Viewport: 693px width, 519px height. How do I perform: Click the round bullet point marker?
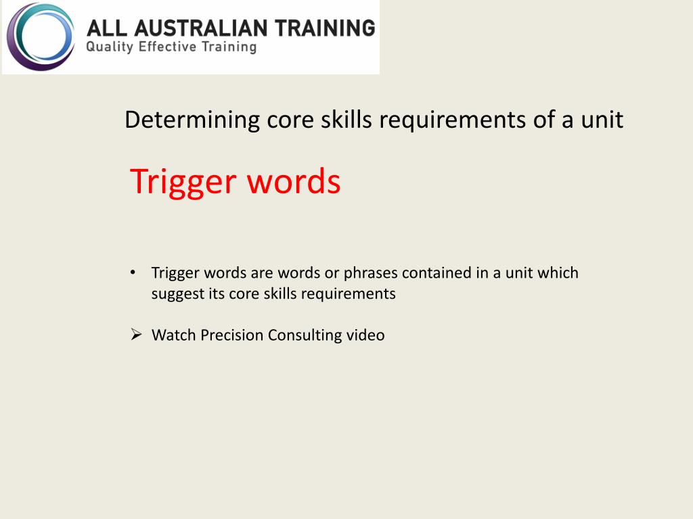coord(133,272)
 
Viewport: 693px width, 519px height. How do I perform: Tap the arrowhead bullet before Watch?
coord(135,335)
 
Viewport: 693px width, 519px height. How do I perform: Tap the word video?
coord(365,335)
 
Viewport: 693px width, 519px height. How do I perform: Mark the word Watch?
coord(173,335)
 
